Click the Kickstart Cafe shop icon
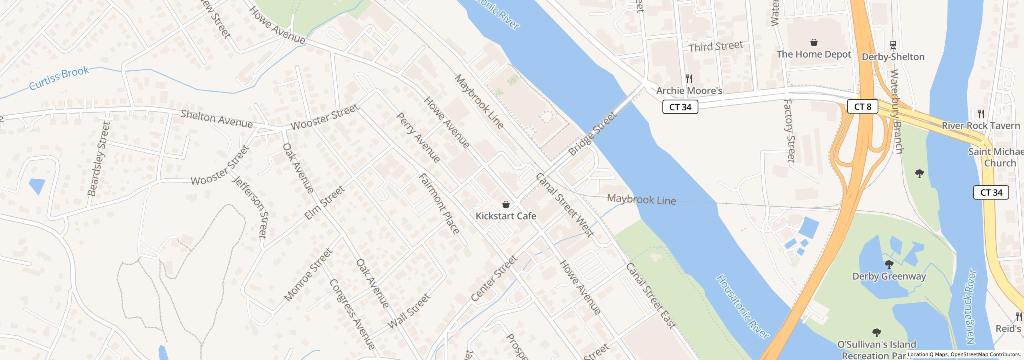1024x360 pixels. (x=506, y=205)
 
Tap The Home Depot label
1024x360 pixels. (x=814, y=54)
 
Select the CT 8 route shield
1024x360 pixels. (x=862, y=107)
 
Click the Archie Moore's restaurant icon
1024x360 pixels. (x=689, y=78)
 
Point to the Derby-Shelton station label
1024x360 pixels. (x=893, y=57)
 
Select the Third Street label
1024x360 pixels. (x=716, y=46)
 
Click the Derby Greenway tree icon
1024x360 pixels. (x=889, y=264)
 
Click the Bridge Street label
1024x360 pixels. (x=592, y=134)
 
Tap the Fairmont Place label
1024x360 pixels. (x=439, y=204)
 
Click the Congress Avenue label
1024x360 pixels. (x=352, y=314)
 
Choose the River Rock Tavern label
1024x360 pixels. (x=980, y=126)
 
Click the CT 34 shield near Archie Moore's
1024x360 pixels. (x=680, y=107)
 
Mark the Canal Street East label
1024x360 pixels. (x=650, y=296)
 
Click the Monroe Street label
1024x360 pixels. (x=308, y=275)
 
